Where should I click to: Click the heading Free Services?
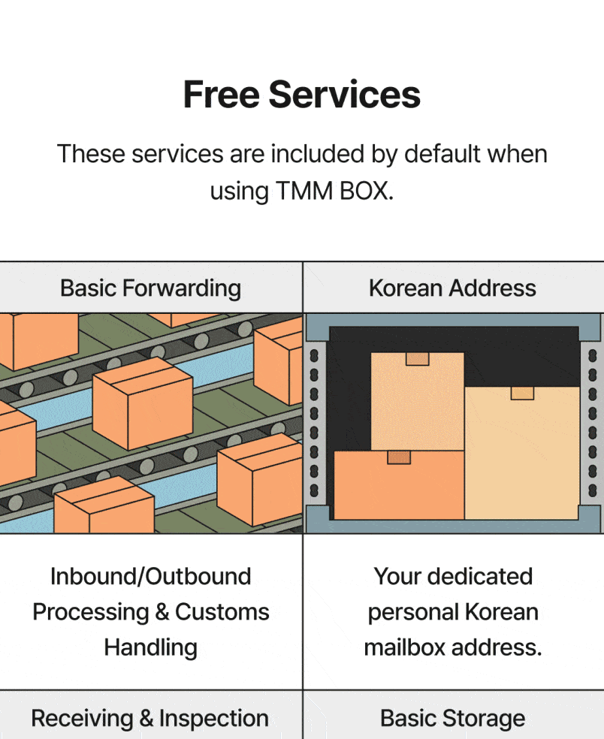click(301, 95)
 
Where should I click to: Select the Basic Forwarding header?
click(150, 288)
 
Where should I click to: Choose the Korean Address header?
click(452, 288)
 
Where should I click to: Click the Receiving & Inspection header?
click(150, 718)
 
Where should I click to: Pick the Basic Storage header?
click(452, 718)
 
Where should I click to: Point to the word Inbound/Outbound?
click(150, 577)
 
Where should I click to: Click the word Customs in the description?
click(222, 612)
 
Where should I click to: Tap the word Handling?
click(150, 647)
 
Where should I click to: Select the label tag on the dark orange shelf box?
click(399, 457)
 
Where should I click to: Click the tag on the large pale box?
click(522, 393)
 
